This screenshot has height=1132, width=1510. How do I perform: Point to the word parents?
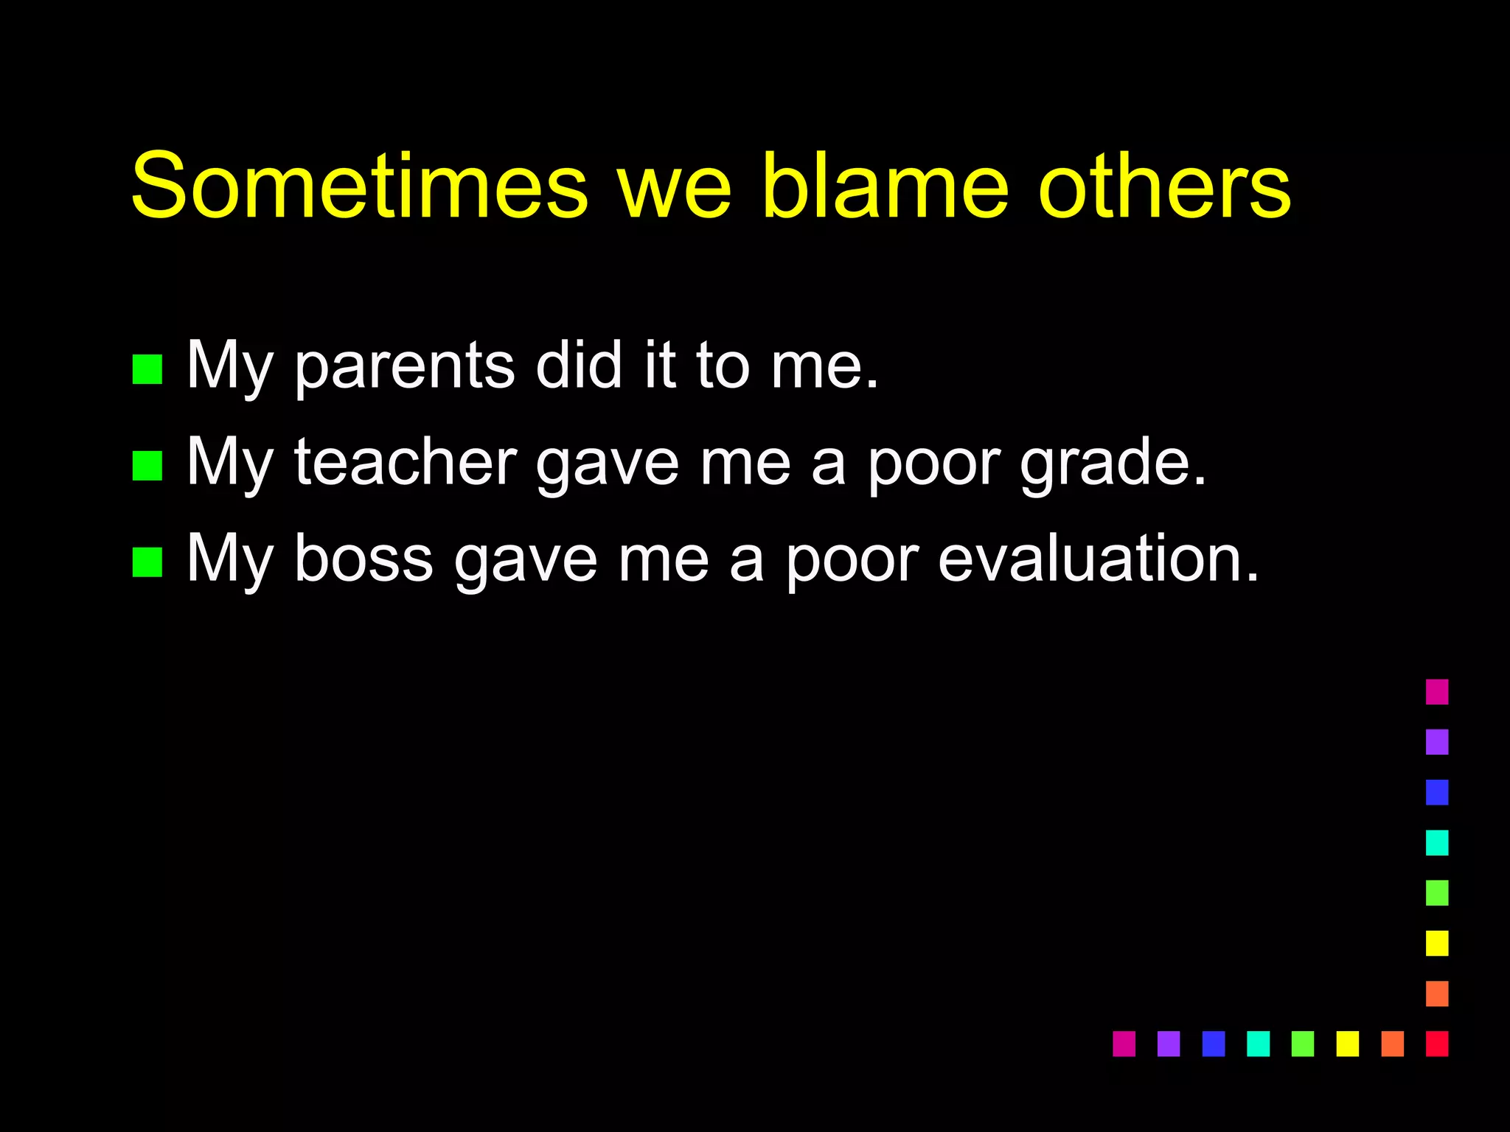pyautogui.click(x=405, y=366)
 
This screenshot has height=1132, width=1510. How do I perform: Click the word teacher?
pyautogui.click(x=406, y=463)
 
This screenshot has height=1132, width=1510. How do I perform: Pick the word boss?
pyautogui.click(x=363, y=559)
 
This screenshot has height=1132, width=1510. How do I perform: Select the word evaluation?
pyautogui.click(x=1099, y=559)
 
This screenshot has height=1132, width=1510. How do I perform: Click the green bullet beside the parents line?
pyautogui.click(x=147, y=370)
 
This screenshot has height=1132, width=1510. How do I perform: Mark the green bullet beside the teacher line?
pyautogui.click(x=147, y=466)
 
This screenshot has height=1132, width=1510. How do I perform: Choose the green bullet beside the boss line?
pyautogui.click(x=147, y=562)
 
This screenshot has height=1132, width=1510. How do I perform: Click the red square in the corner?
pyautogui.click(x=1437, y=1044)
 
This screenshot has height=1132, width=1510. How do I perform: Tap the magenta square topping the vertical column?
pyautogui.click(x=1437, y=692)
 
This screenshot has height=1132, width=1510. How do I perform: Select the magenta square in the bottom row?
pyautogui.click(x=1124, y=1044)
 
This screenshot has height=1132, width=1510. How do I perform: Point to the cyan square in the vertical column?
pyautogui.click(x=1437, y=842)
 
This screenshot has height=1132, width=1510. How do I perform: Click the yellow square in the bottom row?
pyautogui.click(x=1348, y=1044)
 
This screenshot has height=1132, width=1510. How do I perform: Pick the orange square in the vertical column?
pyautogui.click(x=1437, y=993)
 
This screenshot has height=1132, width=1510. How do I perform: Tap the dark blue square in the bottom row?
pyautogui.click(x=1213, y=1044)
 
